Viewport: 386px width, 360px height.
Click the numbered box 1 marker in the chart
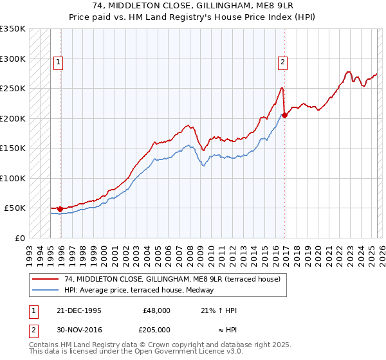[58, 62]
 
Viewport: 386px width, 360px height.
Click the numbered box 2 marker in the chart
[282, 62]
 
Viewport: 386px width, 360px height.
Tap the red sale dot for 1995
[60, 209]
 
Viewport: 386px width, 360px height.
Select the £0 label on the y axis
[20, 238]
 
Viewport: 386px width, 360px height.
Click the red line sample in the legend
[46, 279]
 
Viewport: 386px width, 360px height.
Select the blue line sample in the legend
[46, 291]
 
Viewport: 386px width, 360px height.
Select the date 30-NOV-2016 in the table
[78, 329]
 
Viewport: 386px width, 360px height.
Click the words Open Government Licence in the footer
[174, 352]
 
